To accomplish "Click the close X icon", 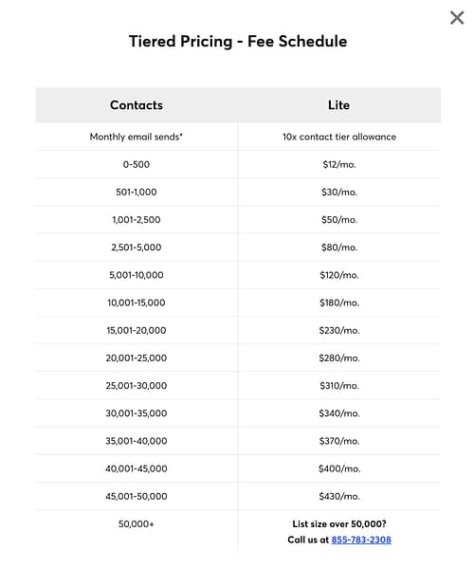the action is tap(457, 17).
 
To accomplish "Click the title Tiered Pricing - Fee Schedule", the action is tap(238, 42).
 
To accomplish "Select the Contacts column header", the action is tap(137, 105).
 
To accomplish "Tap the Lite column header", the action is tap(339, 105).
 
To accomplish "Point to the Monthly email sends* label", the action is tap(137, 137).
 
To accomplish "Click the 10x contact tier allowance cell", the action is tap(339, 137).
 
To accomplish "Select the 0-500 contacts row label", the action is tap(137, 165).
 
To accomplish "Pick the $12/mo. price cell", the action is tap(339, 165).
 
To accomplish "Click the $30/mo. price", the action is tap(339, 192).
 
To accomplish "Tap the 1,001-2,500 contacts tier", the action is tap(137, 220).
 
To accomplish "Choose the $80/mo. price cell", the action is tap(339, 247).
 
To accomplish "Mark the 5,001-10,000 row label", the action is tap(137, 275).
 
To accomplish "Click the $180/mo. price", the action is tap(339, 302).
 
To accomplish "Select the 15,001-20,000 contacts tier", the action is tap(137, 330).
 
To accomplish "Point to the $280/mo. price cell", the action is tap(339, 357).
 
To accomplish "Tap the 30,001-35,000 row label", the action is tap(137, 413).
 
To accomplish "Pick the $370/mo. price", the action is tap(339, 441).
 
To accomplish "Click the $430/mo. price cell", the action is tap(339, 496).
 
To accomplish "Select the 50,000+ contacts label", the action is tap(137, 523).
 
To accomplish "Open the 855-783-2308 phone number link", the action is tap(361, 540).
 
